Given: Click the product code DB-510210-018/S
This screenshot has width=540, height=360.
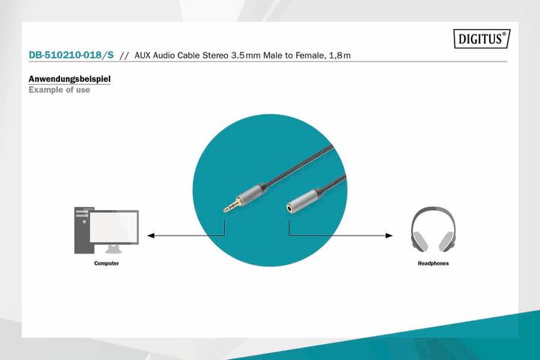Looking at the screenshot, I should coord(71,55).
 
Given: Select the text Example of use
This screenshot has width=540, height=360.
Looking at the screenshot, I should coord(59,90).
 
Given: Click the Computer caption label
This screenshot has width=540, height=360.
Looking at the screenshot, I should coord(106,264).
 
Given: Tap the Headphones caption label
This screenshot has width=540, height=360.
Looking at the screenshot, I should coord(433,264).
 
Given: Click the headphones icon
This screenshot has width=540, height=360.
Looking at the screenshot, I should coord(433,229).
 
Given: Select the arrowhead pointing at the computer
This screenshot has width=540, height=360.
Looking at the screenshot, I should coord(151,235).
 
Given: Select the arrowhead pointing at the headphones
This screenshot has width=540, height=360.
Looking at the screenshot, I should coord(388,235).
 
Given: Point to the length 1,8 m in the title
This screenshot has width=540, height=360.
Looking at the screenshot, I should coord(356,55).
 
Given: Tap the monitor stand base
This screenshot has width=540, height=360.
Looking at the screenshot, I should coord(114,250).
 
